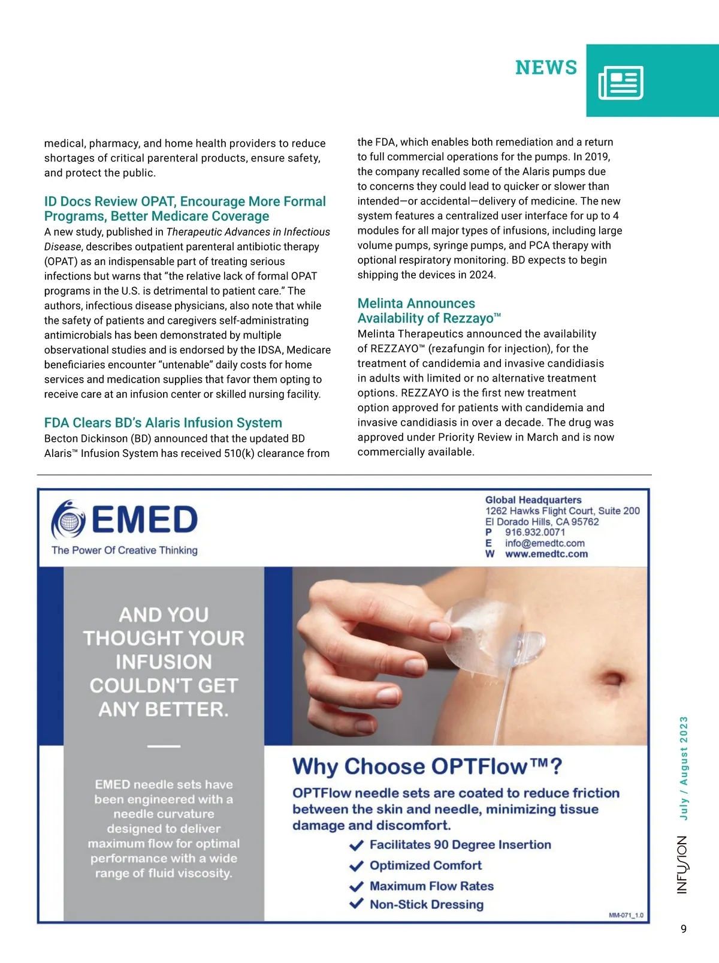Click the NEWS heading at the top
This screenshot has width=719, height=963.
546,68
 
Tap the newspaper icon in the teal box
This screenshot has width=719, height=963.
621,82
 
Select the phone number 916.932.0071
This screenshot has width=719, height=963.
534,532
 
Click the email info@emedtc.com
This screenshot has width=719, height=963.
545,543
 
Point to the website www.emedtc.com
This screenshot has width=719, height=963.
546,554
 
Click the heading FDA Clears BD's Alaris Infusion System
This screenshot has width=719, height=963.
163,423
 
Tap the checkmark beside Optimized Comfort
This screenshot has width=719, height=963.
357,866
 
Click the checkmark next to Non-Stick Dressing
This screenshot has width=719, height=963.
357,904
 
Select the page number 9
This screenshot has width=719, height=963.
684,929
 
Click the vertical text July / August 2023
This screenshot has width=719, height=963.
684,768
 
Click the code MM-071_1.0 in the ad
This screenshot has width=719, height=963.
626,916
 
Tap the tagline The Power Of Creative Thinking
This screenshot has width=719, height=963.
125,550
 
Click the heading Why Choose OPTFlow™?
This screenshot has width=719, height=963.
427,767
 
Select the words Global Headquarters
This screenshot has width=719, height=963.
533,500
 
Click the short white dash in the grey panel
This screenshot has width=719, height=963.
164,746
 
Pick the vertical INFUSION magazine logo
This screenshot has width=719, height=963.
682,865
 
